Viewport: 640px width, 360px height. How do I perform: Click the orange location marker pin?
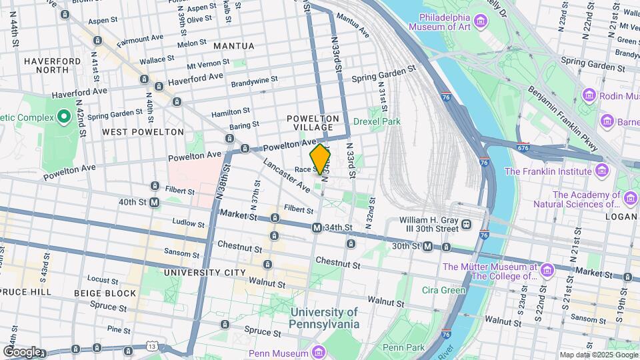pyautogui.click(x=321, y=159)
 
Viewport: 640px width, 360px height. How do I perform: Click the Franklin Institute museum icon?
pyautogui.click(x=602, y=171)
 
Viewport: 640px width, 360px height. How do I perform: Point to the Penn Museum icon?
pyautogui.click(x=317, y=352)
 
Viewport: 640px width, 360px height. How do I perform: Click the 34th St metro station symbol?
pyautogui.click(x=317, y=228)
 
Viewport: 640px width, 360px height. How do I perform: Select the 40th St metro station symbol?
pyautogui.click(x=154, y=202)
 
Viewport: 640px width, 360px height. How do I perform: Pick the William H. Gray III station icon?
pyautogui.click(x=467, y=224)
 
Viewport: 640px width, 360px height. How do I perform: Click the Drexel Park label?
pyautogui.click(x=377, y=121)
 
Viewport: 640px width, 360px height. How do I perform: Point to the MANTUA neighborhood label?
pyautogui.click(x=234, y=46)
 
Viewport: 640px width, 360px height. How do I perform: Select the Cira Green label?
pyautogui.click(x=444, y=290)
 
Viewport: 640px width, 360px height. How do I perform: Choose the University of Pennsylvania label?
pyautogui.click(x=324, y=318)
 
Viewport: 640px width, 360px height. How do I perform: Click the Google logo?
pyautogui.click(x=22, y=351)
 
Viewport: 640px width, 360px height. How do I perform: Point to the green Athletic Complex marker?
pyautogui.click(x=64, y=118)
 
